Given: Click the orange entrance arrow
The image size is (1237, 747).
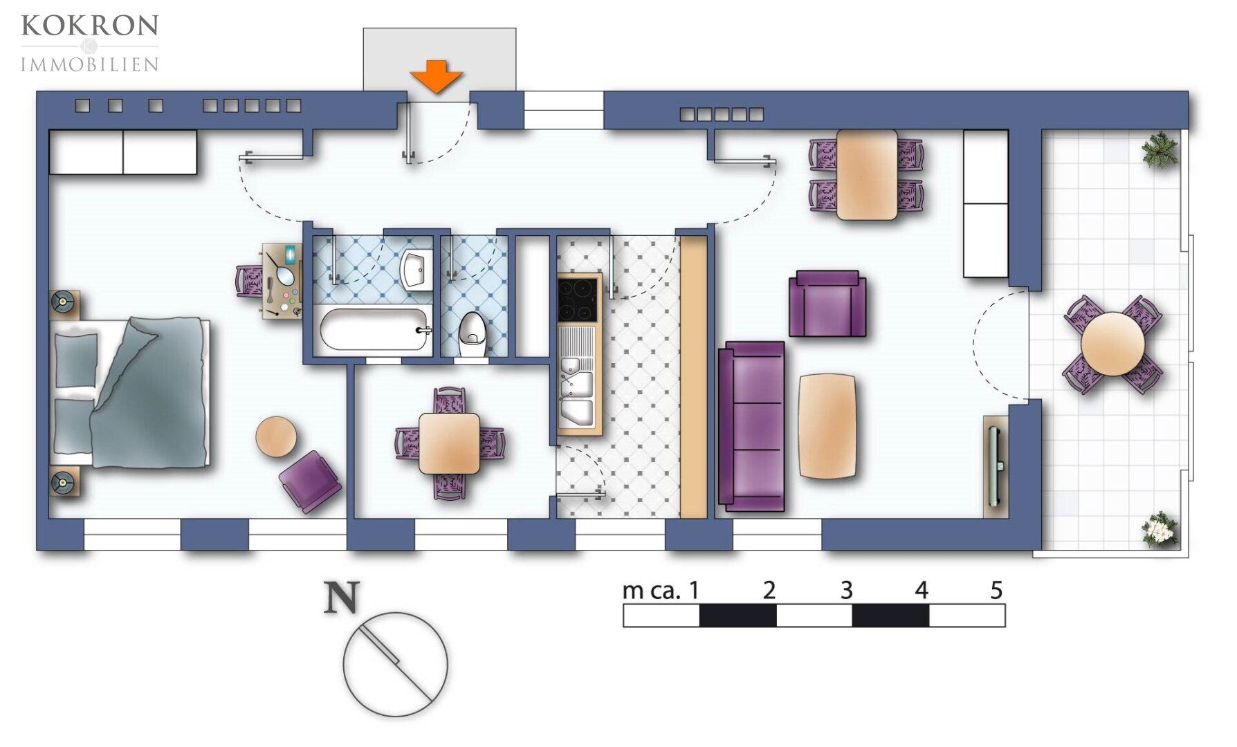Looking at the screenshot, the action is coord(435,76).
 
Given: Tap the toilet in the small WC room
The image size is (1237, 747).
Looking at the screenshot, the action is coord(473,335).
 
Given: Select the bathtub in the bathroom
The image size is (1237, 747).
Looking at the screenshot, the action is coord(374,329).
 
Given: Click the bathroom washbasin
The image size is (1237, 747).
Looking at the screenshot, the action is coord(416,268).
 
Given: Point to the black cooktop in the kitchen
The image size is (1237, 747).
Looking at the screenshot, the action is coord(578,299).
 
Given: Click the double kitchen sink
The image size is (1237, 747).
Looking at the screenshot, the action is coord(577,388).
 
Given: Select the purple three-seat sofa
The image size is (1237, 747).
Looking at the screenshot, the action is coord(752,426).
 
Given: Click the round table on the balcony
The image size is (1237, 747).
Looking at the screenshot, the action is coord(1112,344).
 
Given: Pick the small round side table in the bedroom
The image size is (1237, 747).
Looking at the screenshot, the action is coord(276,436).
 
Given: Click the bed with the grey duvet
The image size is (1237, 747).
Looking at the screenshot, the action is coord(130,392).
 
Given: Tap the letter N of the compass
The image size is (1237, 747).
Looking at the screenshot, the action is coord(342,598).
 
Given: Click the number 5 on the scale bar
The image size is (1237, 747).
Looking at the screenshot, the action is coord(996,590).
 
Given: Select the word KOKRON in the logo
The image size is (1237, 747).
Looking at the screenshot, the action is coord(90,26).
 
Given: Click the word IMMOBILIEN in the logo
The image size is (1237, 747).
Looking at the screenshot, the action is coord(90,65).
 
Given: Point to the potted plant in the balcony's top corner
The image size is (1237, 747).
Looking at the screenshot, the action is coord(1160,149).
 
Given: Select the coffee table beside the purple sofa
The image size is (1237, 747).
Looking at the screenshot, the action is coord(827,426).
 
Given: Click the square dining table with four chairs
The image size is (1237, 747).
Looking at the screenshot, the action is coord(449,443).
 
